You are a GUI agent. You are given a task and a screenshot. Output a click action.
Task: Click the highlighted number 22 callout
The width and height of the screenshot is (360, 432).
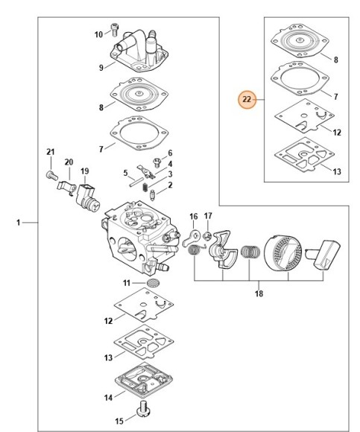click(247, 99)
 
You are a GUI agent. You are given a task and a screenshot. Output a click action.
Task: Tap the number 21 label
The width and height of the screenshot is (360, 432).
click(51, 153)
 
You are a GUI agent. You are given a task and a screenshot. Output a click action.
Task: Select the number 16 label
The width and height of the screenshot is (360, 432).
click(194, 217)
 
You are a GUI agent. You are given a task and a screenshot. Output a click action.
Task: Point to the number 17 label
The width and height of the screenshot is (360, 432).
click(209, 217)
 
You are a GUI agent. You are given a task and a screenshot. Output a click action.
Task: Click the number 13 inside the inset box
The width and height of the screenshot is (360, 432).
click(337, 171)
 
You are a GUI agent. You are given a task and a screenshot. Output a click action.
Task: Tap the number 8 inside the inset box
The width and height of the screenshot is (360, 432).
click(336, 59)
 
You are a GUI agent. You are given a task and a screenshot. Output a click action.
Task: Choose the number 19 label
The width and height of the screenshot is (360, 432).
click(84, 171)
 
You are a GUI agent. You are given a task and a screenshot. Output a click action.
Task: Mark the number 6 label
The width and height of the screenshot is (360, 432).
click(170, 153)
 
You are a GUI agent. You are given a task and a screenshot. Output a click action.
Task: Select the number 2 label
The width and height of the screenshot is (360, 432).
click(170, 185)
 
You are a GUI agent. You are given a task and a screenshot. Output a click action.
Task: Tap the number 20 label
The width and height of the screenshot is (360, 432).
click(69, 162)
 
